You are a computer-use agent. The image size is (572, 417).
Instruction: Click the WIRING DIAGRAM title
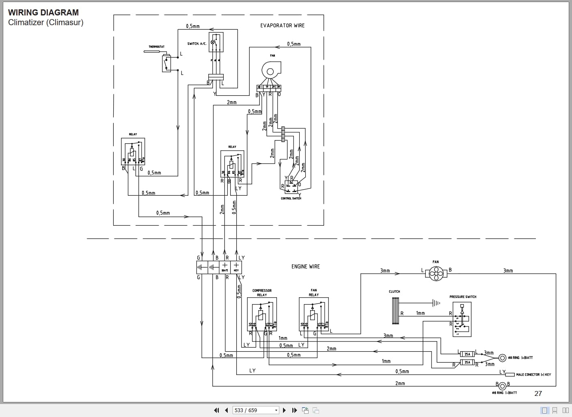pyautogui.click(x=43, y=13)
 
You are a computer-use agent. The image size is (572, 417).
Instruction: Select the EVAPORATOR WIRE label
pyautogui.click(x=282, y=26)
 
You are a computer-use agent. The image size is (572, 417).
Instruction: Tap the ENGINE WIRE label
pyautogui.click(x=305, y=267)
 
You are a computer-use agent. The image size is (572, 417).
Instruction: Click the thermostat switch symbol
pyautogui.click(x=166, y=63)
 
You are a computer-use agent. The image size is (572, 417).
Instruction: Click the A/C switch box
pyautogui.click(x=216, y=42)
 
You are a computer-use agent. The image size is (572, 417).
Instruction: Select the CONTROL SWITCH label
pyautogui.click(x=291, y=199)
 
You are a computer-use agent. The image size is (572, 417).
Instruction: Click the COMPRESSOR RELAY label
pyautogui.click(x=262, y=293)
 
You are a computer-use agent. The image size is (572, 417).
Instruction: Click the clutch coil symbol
pyautogui.click(x=395, y=311)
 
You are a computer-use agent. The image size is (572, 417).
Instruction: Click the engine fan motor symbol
pyautogui.click(x=436, y=275)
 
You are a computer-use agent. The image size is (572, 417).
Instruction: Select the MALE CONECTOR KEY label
pyautogui.click(x=533, y=374)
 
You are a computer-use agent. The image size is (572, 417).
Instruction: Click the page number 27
pyautogui.click(x=538, y=393)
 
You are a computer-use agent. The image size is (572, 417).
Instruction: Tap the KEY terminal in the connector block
pyautogui.click(x=236, y=267)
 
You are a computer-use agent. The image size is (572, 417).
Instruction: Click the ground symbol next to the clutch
pyautogui.click(x=436, y=303)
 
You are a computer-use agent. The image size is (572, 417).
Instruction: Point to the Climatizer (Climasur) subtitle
pyautogui.click(x=45, y=22)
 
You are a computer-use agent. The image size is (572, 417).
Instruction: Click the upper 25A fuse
pyautogui.click(x=467, y=354)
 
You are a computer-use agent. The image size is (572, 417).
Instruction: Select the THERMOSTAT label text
pyautogui.click(x=156, y=47)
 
